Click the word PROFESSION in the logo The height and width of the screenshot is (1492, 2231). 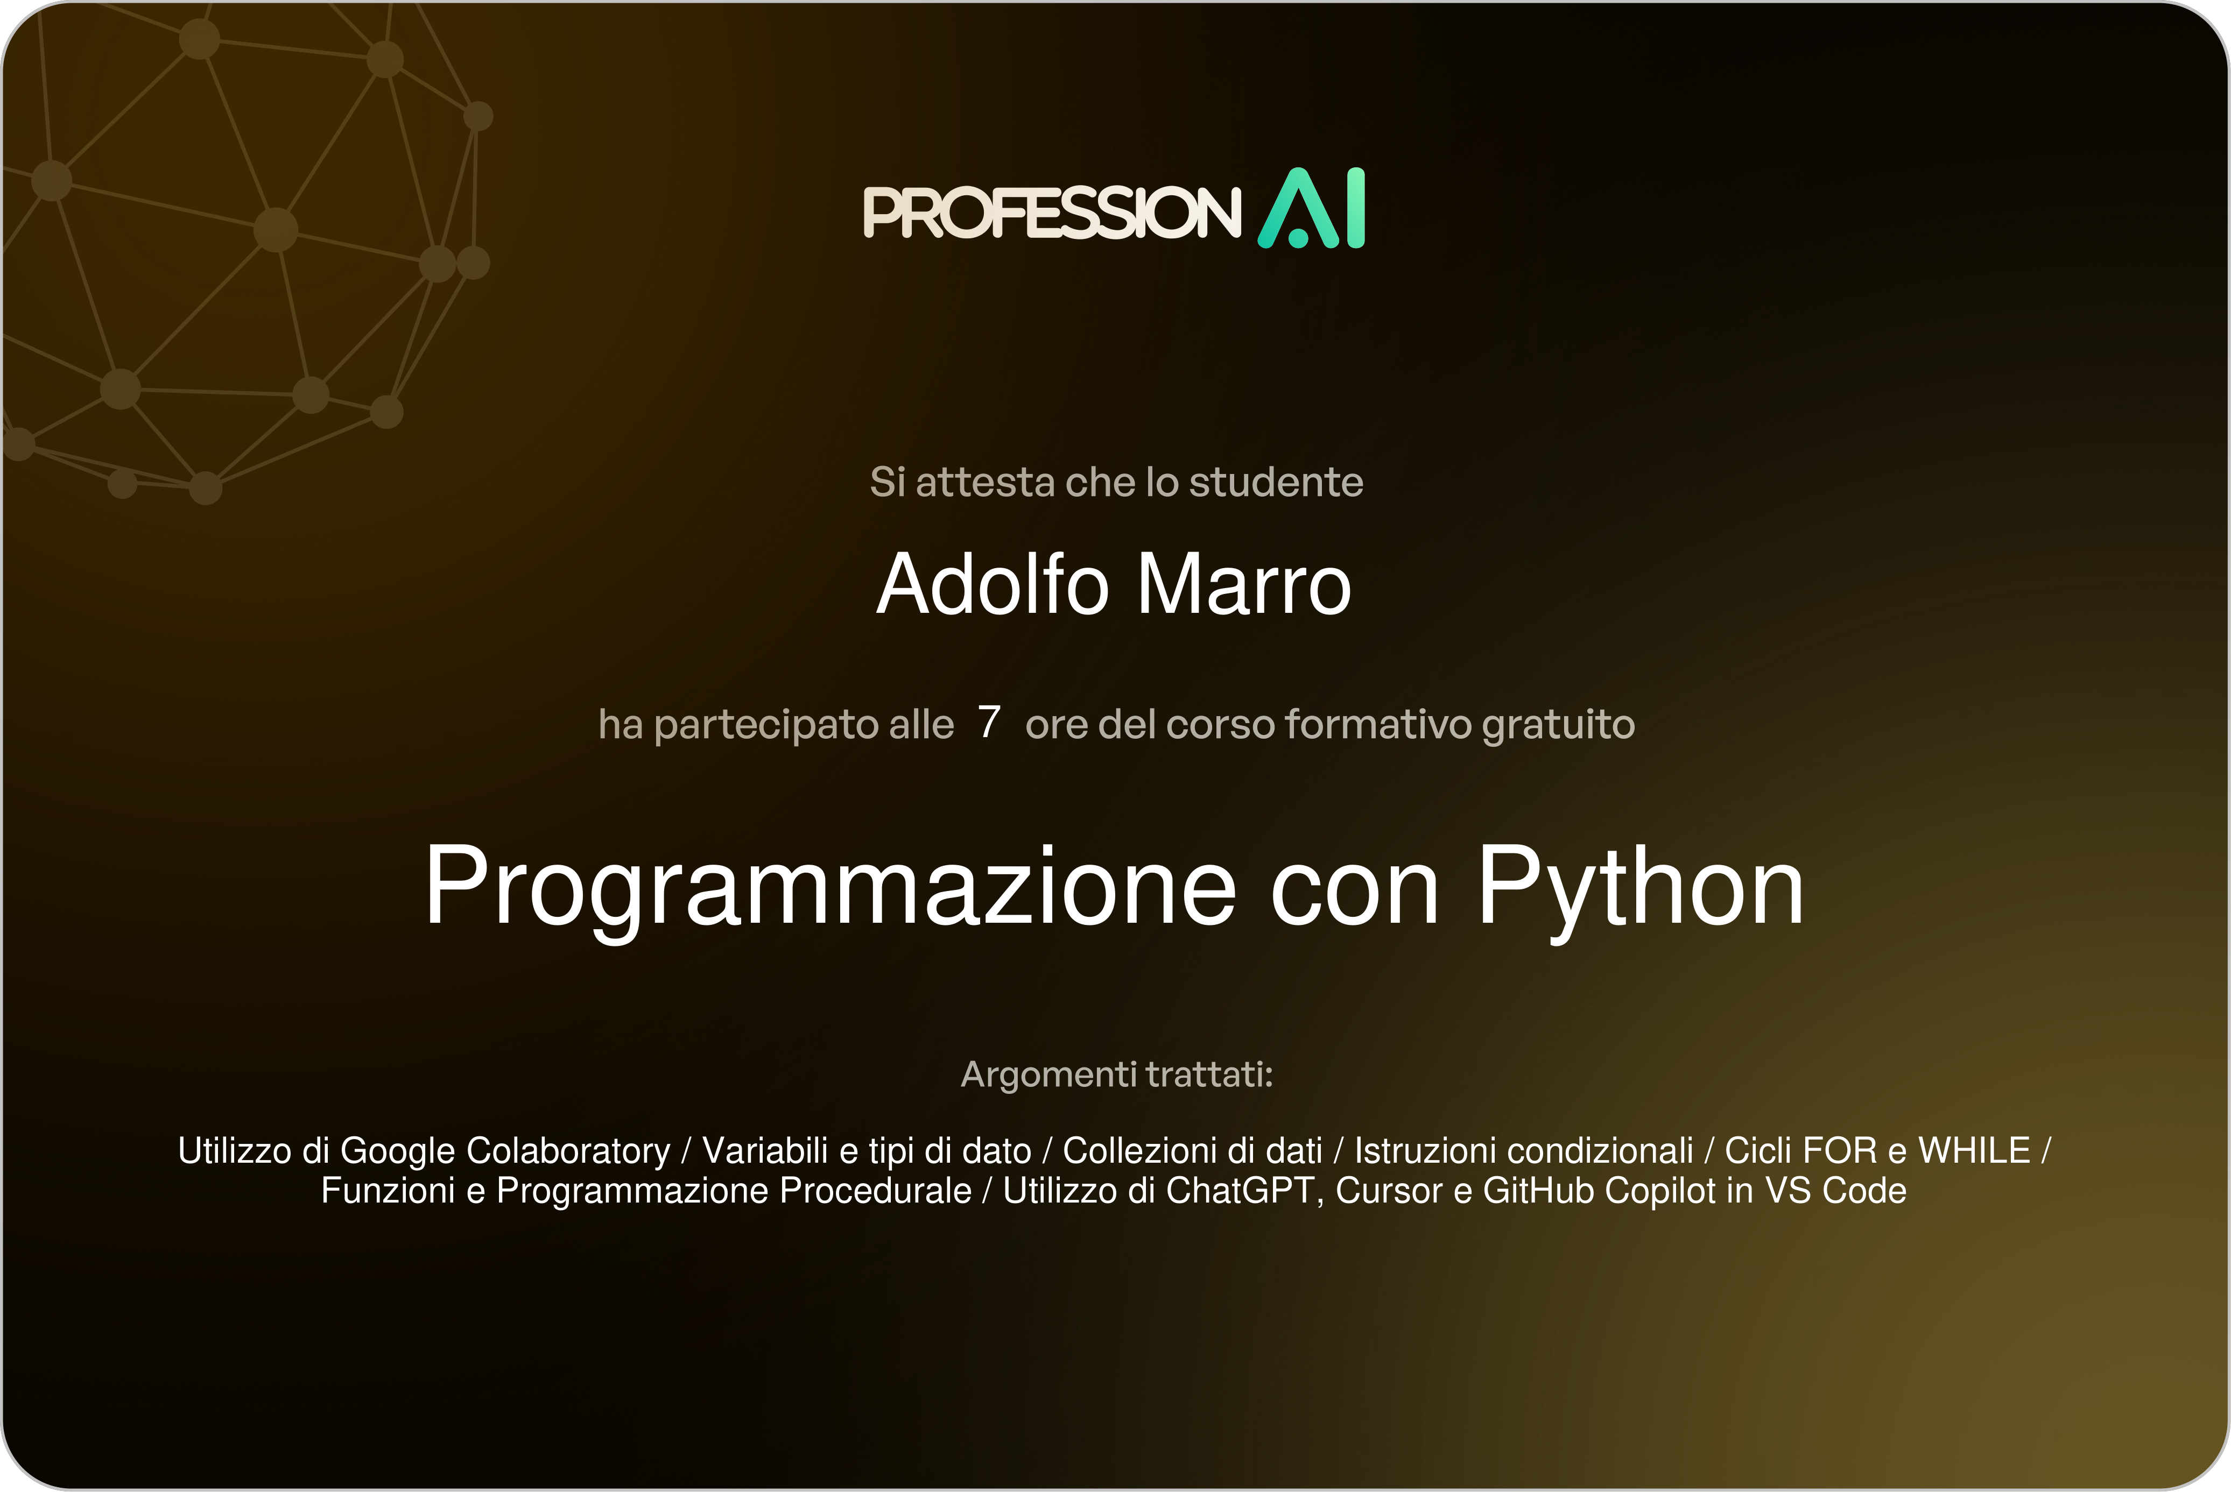click(1052, 211)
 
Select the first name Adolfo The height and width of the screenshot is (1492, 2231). click(993, 584)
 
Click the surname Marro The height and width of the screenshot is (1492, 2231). click(1245, 584)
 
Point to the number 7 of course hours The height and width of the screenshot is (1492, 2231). click(989, 722)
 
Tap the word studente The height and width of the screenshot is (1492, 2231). click(1276, 483)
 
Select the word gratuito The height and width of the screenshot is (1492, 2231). click(1558, 726)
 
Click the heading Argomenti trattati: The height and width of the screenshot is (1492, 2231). click(1116, 1075)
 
